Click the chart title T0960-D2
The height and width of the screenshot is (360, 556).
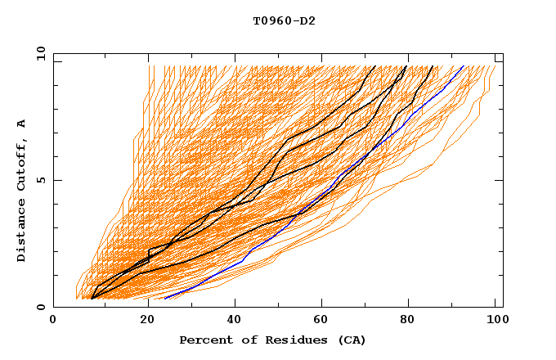284,21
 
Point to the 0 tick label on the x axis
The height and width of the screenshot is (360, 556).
53,321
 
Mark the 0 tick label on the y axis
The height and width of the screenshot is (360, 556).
40,308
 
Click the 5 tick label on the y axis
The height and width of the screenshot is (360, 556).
40,180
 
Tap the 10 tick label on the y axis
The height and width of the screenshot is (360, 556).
37,53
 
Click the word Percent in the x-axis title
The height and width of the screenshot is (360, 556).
205,340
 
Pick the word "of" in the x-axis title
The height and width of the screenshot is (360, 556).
246,340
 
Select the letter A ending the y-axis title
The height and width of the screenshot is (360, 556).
22,124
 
